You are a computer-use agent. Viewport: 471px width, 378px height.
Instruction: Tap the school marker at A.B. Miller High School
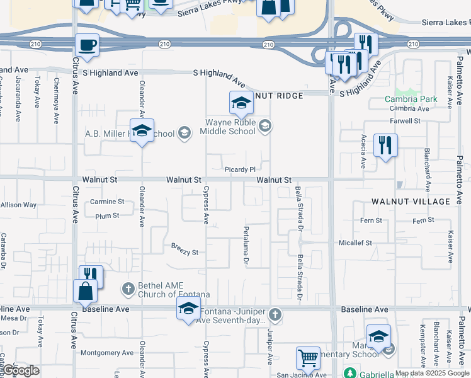tap(142, 131)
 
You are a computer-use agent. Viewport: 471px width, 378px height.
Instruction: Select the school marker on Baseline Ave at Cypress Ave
tap(188, 309)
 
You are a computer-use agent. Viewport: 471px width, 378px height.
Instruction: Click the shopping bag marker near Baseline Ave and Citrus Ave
tap(85, 292)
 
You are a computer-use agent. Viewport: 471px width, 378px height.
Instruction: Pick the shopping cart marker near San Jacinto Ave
tap(308, 358)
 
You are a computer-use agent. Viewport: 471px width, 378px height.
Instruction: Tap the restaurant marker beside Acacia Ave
tap(384, 146)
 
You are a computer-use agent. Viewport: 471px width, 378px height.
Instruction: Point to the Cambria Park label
tap(411, 99)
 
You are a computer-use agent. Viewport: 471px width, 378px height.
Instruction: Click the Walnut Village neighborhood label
tap(411, 202)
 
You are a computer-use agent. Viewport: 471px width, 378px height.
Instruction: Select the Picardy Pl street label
tap(239, 169)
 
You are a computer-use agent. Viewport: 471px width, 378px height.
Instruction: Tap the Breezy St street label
tap(184, 252)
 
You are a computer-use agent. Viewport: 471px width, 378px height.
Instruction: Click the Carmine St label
tap(107, 202)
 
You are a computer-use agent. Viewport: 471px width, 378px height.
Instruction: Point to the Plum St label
tap(106, 215)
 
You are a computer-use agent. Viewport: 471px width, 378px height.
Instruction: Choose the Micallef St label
tap(355, 243)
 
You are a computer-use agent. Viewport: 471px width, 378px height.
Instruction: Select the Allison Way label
tap(18, 205)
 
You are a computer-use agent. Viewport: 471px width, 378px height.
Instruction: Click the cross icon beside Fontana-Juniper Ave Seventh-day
tap(274, 314)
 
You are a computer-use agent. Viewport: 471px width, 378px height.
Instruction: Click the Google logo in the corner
tap(20, 370)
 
